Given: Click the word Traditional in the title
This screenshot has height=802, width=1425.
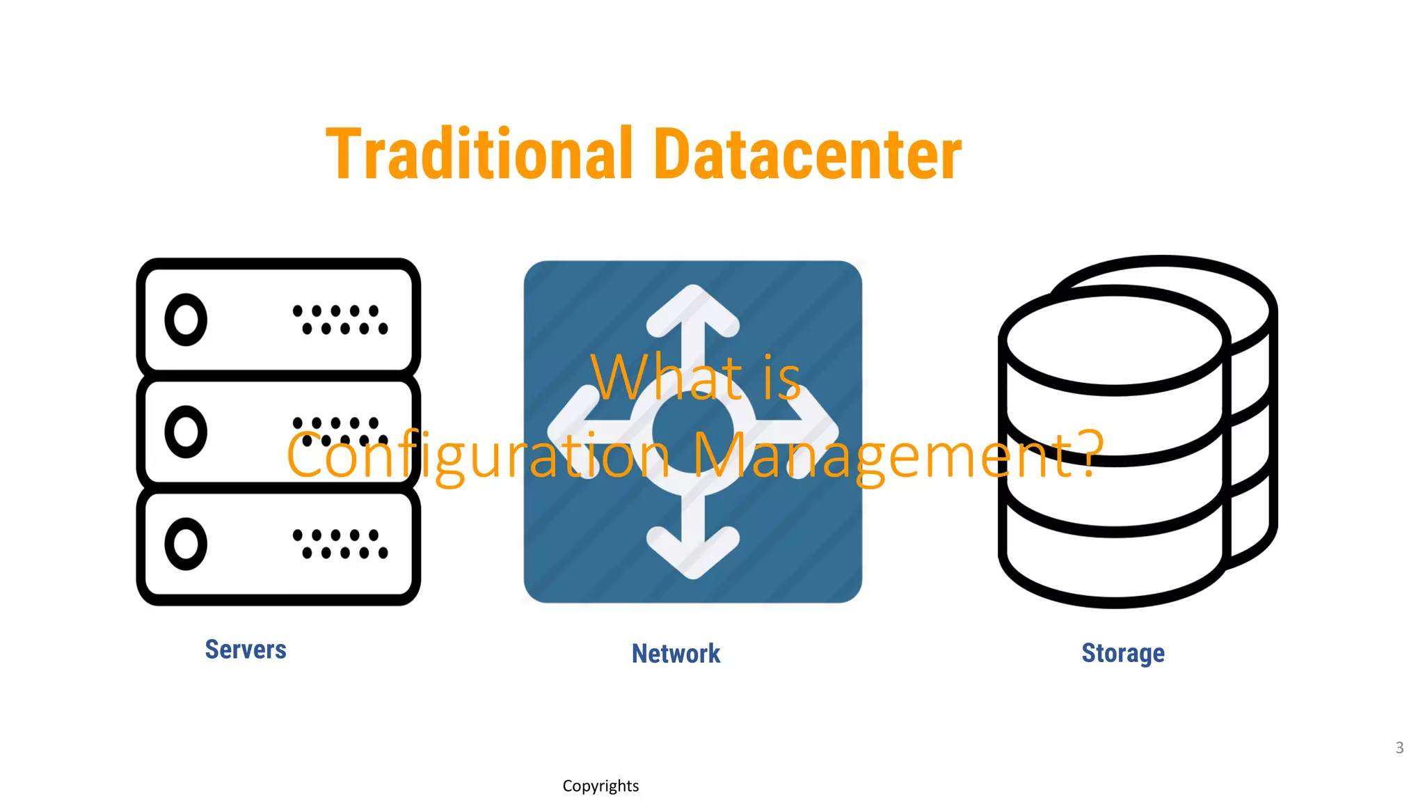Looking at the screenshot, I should (x=479, y=155).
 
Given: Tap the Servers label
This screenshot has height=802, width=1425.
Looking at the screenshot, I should (x=246, y=650).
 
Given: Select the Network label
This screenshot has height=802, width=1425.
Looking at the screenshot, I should (x=676, y=654).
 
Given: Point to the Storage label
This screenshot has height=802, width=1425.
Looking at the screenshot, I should (x=1122, y=653).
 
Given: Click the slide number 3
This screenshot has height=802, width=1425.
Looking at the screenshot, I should (x=1399, y=748).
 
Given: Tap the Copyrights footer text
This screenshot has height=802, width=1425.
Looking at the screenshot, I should (x=600, y=786).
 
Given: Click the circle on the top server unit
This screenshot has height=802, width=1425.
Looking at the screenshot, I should (x=186, y=320).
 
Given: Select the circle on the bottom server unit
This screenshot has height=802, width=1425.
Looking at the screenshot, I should (x=186, y=544).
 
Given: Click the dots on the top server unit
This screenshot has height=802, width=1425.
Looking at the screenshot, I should (x=340, y=320).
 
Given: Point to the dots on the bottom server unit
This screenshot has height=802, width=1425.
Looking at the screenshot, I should (x=340, y=544).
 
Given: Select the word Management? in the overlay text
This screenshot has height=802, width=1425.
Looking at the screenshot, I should (x=898, y=456).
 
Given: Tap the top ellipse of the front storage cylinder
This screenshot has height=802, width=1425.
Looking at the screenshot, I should (x=1114, y=341).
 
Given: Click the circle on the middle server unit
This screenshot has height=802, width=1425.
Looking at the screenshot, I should (x=186, y=432).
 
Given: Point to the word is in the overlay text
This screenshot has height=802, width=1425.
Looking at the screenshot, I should (x=782, y=377).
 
